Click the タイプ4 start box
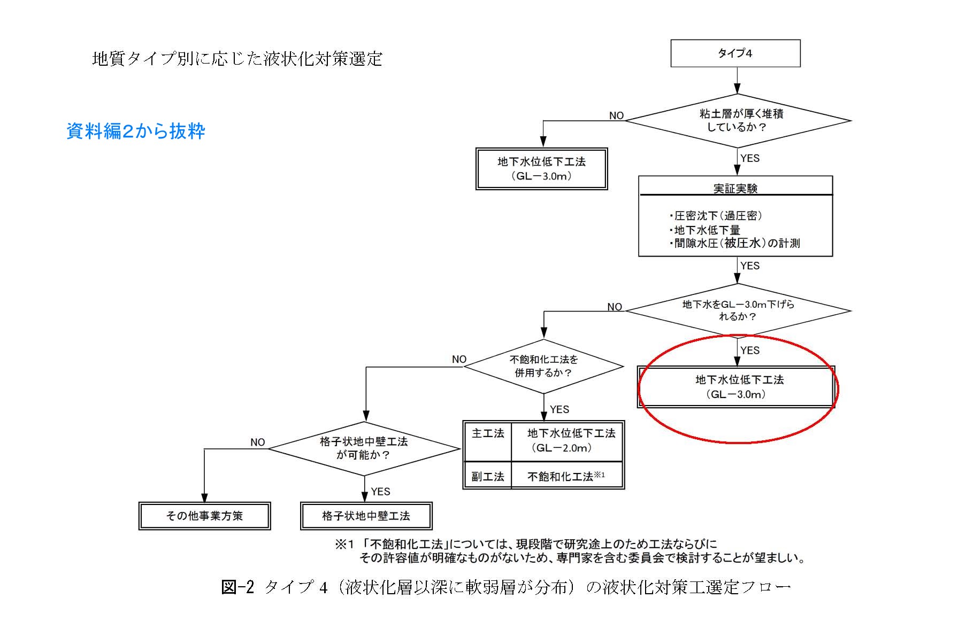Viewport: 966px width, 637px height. tap(735, 53)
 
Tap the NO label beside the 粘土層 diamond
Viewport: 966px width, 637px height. tap(616, 116)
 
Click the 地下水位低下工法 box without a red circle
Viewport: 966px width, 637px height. tap(541, 169)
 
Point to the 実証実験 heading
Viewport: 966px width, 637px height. tap(735, 188)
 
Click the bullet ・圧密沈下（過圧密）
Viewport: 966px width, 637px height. tap(716, 216)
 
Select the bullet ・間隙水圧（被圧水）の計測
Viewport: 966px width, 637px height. tap(734, 244)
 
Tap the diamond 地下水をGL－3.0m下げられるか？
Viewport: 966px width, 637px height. tap(738, 310)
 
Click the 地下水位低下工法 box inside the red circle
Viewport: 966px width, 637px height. tap(736, 387)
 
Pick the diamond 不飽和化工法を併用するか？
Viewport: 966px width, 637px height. tap(543, 367)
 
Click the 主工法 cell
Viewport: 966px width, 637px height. tap(488, 433)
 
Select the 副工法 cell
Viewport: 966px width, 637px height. tap(488, 476)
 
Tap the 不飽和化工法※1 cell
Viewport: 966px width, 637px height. tap(566, 476)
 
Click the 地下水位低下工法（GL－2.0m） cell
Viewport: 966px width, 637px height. tap(568, 440)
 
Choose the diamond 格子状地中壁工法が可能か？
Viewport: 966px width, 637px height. tap(364, 448)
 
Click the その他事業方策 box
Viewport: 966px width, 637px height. tap(204, 516)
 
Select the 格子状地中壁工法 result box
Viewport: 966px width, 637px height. tap(366, 516)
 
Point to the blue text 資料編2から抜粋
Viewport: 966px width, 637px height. tap(136, 131)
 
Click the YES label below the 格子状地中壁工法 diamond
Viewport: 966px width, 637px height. tap(380, 492)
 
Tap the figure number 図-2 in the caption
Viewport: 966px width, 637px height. tap(237, 587)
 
